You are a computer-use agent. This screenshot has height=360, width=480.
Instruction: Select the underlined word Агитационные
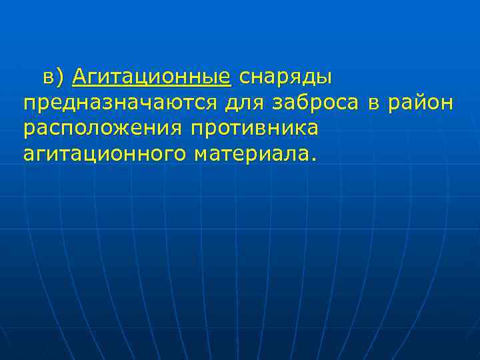click(152, 78)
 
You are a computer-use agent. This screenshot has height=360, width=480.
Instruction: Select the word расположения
click(98, 129)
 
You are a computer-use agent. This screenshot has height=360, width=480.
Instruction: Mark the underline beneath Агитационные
click(152, 87)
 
